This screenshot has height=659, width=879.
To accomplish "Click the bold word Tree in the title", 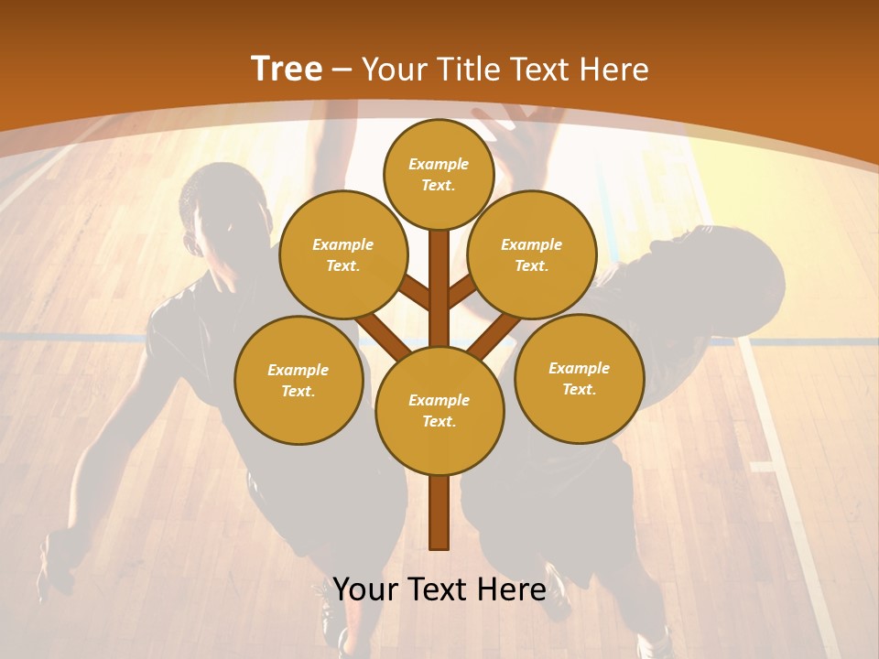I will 287,69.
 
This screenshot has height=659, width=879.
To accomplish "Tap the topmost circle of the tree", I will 439,174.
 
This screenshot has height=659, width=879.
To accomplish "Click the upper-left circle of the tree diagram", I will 342,254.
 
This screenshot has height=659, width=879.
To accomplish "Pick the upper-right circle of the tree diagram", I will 531,254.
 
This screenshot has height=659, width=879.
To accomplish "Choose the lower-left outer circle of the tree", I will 298,380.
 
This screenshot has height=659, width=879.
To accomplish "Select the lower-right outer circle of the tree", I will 579,378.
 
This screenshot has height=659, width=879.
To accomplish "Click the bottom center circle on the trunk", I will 439,410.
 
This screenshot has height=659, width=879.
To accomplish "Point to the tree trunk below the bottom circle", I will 439,513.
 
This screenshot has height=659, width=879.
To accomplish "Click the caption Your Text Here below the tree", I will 439,589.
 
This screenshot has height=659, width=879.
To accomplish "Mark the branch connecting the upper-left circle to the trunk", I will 414,295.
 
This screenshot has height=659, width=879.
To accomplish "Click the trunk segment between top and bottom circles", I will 439,284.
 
